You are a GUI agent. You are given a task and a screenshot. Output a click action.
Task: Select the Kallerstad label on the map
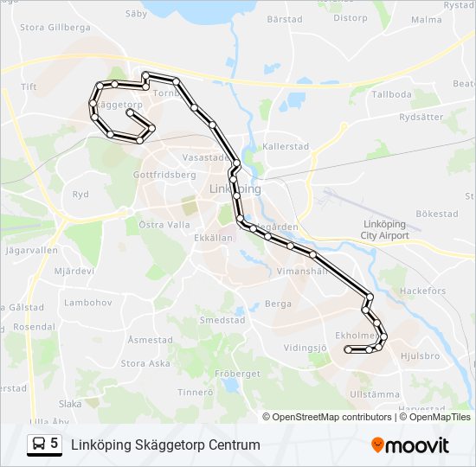286,146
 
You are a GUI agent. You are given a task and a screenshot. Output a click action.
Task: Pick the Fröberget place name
236,374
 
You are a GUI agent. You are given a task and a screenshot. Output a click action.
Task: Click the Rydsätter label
421,117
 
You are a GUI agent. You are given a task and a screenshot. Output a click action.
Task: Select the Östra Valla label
164,224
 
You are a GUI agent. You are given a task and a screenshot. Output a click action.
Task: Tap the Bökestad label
436,214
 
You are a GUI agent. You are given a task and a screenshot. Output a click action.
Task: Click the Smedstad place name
222,320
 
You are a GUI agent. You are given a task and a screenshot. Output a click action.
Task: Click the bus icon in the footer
38,445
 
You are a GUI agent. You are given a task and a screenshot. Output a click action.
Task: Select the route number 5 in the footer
55,444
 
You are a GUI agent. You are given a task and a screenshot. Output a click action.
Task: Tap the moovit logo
410,445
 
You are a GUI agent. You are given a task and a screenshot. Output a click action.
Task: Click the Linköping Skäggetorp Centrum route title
164,445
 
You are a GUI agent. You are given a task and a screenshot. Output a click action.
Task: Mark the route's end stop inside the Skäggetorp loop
129,112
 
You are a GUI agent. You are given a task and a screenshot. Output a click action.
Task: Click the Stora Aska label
145,363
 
